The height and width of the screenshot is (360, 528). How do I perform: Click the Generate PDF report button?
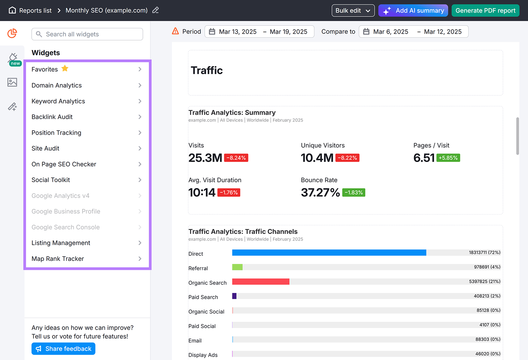(x=485, y=11)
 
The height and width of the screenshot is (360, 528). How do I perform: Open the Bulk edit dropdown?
(x=353, y=11)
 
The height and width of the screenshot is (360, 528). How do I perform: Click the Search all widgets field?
(x=87, y=34)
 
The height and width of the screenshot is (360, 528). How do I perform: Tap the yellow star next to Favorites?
(x=65, y=68)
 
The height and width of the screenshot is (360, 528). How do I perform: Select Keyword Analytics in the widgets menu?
(x=58, y=101)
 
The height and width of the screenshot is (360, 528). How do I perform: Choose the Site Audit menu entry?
(x=46, y=148)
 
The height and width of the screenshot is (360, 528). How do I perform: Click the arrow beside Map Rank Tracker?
(x=140, y=259)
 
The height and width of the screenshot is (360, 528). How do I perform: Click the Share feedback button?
(x=63, y=349)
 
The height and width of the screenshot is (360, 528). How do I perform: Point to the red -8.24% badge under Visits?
(x=236, y=158)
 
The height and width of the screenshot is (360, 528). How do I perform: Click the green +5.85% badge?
(x=448, y=158)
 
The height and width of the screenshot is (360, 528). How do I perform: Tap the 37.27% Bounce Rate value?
(x=320, y=192)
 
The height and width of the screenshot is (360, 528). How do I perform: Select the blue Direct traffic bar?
(x=329, y=253)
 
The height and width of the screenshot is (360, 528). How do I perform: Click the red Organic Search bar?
(x=261, y=281)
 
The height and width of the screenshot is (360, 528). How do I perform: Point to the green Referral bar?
(x=237, y=267)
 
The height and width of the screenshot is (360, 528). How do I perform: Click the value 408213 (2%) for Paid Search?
(x=487, y=296)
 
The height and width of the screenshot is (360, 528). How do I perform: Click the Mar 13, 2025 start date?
(x=238, y=32)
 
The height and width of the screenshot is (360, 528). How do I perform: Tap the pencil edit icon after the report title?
(x=155, y=10)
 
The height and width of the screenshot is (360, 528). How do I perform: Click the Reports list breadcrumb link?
(x=35, y=11)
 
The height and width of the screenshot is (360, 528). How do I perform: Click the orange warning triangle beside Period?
(x=176, y=31)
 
